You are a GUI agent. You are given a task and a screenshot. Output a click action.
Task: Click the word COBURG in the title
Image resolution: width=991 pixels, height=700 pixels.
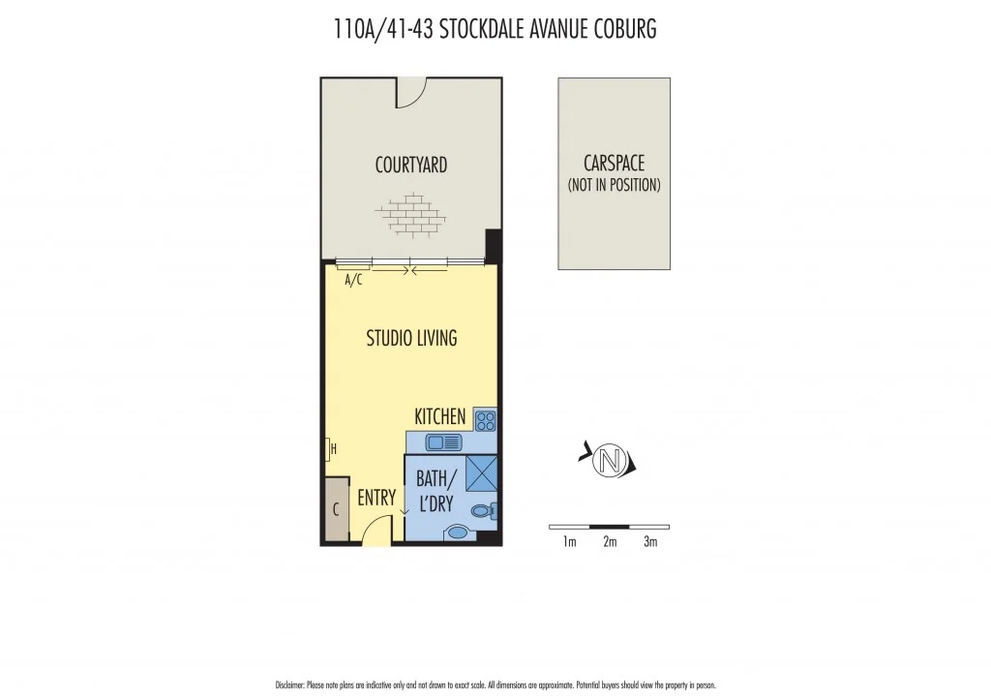point(620,29)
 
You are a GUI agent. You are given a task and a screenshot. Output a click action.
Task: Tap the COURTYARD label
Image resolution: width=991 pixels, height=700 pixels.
point(410,166)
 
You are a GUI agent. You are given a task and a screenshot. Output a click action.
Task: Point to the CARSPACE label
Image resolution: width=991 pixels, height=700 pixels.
point(614,164)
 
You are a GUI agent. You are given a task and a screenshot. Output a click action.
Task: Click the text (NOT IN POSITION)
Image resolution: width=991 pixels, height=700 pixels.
point(614,185)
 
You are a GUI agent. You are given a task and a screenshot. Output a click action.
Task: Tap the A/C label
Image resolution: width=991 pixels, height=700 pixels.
point(353,281)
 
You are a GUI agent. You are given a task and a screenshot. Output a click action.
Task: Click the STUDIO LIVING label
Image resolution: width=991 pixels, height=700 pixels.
point(411,338)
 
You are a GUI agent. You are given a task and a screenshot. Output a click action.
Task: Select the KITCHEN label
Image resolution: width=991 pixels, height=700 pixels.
point(440,416)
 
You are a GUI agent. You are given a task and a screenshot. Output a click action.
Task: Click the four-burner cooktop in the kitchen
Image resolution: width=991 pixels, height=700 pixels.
point(485,420)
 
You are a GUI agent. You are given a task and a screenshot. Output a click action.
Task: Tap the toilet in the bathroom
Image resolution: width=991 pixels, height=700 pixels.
point(483,511)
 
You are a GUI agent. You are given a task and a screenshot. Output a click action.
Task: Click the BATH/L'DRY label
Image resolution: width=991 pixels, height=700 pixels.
point(435,491)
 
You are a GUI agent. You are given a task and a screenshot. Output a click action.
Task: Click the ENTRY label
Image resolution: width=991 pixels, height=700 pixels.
point(376,498)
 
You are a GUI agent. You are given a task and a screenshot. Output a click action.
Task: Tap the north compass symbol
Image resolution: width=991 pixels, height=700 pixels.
point(609,460)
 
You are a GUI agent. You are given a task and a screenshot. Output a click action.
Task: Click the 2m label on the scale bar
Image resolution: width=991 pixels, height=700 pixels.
point(610,542)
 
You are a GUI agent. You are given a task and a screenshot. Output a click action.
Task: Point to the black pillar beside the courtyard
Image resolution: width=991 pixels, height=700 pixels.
point(493,246)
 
